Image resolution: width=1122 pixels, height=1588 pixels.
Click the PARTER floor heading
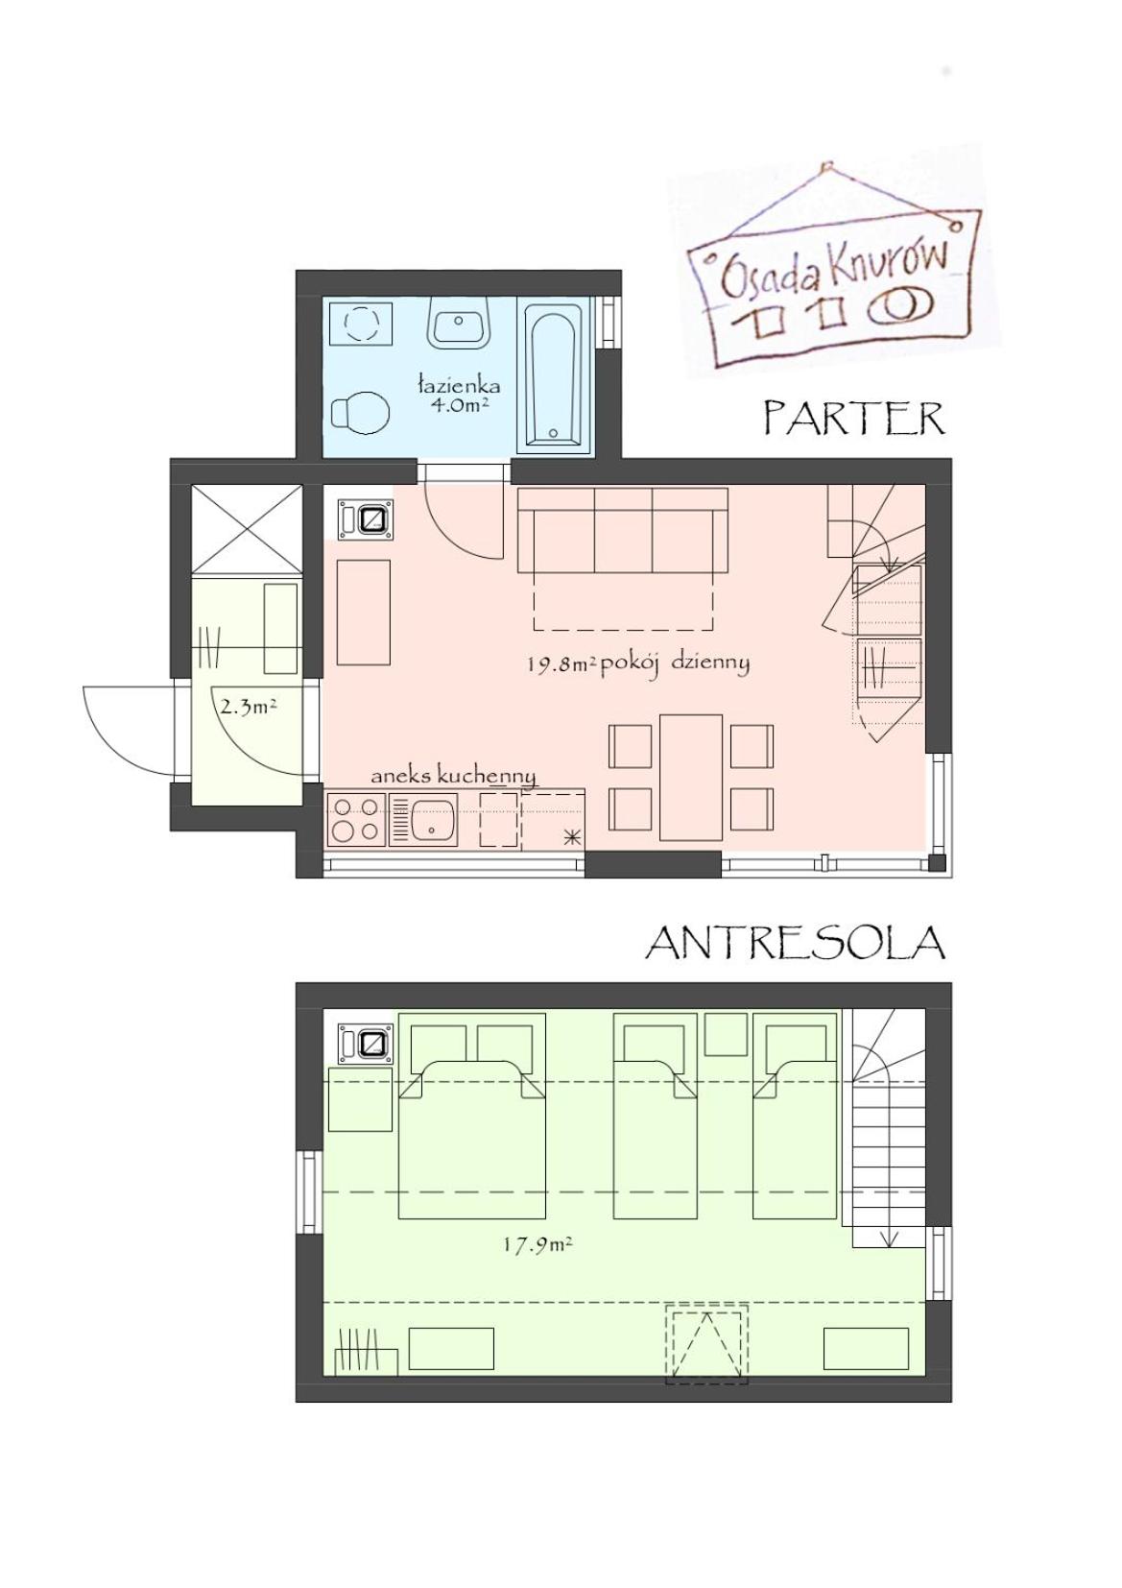coord(853,419)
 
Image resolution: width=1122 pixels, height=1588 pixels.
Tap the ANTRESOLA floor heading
coord(795,943)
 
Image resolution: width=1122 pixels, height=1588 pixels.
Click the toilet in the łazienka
coord(360,412)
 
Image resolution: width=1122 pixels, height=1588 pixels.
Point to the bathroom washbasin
coord(461,324)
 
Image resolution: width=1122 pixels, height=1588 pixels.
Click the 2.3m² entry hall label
coord(249,708)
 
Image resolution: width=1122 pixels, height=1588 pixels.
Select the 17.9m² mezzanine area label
coord(537,1245)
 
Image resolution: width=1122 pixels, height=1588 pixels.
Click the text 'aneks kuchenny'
coord(453,775)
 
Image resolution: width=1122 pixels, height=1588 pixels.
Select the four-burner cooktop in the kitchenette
coord(356,820)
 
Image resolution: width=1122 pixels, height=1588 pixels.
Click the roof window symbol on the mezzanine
coord(706,1343)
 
